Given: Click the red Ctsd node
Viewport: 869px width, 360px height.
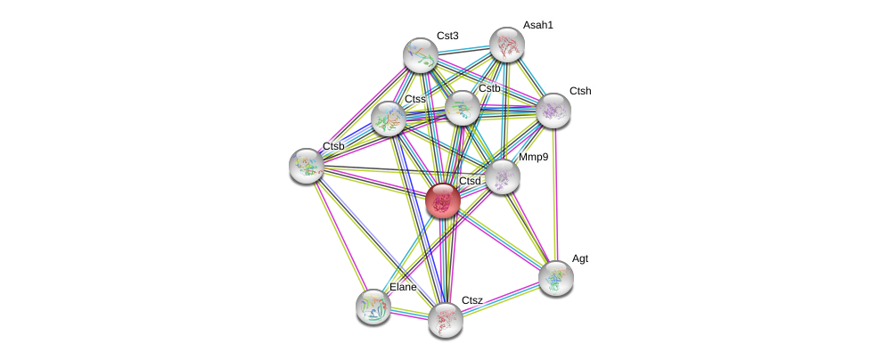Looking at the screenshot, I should click(x=443, y=200).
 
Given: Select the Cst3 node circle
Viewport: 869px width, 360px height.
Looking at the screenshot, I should click(x=420, y=55).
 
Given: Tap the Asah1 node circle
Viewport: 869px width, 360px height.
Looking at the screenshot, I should click(x=506, y=45).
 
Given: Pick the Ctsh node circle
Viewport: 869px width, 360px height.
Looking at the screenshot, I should click(x=553, y=110).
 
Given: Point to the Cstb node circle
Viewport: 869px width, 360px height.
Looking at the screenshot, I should click(x=462, y=108).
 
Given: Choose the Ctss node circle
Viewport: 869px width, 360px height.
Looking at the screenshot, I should click(x=389, y=119).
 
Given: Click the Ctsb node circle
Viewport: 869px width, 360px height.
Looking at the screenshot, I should click(x=307, y=165).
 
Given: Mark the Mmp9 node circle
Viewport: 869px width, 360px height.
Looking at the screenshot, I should click(x=503, y=176).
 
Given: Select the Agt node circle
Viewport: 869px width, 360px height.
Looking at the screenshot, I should click(x=555, y=277).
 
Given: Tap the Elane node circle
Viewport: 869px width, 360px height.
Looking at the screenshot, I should click(x=373, y=306).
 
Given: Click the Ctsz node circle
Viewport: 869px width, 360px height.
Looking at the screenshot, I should click(x=445, y=319).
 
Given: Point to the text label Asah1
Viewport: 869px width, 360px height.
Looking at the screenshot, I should click(x=537, y=25).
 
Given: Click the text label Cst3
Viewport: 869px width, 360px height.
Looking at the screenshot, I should click(x=447, y=36).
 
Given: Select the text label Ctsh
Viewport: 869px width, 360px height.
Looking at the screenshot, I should click(x=580, y=91).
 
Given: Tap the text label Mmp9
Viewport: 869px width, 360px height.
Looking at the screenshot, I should click(x=534, y=157).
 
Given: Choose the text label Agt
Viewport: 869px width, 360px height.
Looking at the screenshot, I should click(x=580, y=258).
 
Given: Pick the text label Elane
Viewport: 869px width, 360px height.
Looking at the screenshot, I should click(x=403, y=287).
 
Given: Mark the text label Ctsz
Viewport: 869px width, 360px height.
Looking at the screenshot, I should click(x=471, y=300).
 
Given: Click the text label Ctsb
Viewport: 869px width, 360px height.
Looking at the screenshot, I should click(x=333, y=146).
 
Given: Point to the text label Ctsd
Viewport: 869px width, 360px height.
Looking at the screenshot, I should click(x=470, y=181).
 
